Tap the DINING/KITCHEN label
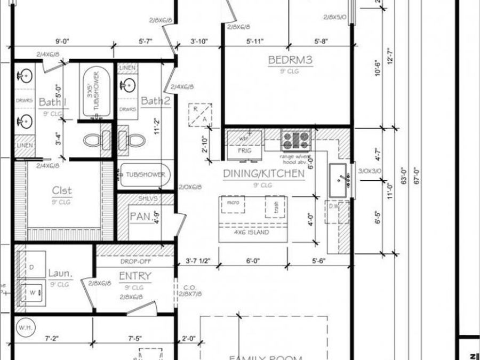pyautogui.click(x=263, y=173)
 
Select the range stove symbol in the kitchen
pyautogui.click(x=296, y=140)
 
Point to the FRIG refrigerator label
pyautogui.click(x=244, y=151)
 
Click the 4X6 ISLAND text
pyautogui.click(x=252, y=233)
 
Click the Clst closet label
pyautogui.click(x=62, y=190)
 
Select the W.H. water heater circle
pyautogui.click(x=24, y=326)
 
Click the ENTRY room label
pyautogui.click(x=135, y=276)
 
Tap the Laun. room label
pyautogui.click(x=60, y=274)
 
